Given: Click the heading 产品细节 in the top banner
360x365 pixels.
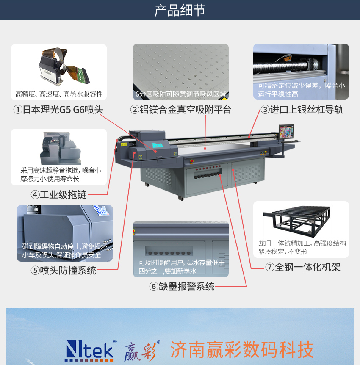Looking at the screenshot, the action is click(x=180, y=10).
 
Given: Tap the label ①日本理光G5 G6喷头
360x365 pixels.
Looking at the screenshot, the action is click(x=58, y=110).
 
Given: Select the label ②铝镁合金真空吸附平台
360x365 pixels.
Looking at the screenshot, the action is click(x=180, y=110).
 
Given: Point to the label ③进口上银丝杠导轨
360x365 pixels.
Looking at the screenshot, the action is click(x=302, y=110).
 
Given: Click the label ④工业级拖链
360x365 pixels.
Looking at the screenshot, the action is click(x=59, y=195).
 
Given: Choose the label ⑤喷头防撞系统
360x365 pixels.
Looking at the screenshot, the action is click(x=64, y=270).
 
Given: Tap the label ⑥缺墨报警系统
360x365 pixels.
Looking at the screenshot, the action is click(x=182, y=286).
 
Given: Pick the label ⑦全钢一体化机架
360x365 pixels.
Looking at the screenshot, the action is click(x=303, y=267).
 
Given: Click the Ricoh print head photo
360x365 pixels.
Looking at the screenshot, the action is click(x=64, y=66).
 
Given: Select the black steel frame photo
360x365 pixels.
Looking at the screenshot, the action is click(x=296, y=221).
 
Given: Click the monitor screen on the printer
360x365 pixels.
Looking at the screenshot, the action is click(x=286, y=132).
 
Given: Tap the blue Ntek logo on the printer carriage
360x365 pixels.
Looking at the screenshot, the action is click(x=158, y=145).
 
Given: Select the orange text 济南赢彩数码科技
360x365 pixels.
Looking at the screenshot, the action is click(x=242, y=349).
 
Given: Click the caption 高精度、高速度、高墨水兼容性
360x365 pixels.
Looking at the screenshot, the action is click(x=59, y=94).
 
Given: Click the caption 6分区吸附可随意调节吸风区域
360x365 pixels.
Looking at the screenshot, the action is click(x=181, y=94).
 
